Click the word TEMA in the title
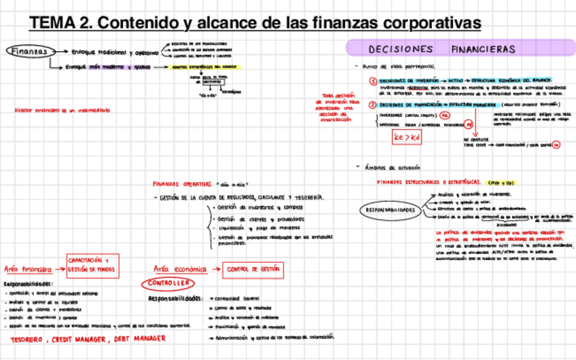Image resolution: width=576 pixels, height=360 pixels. (x=52, y=23)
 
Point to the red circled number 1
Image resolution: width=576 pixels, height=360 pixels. (x=373, y=81)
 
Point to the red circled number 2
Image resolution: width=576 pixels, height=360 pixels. (x=373, y=105)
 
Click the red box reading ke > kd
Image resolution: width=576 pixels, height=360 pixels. (x=407, y=137)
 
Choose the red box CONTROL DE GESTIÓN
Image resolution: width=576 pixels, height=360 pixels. (x=252, y=269)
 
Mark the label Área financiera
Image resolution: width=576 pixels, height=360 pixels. (x=28, y=269)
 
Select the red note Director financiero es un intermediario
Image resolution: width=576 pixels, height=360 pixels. (x=56, y=110)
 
